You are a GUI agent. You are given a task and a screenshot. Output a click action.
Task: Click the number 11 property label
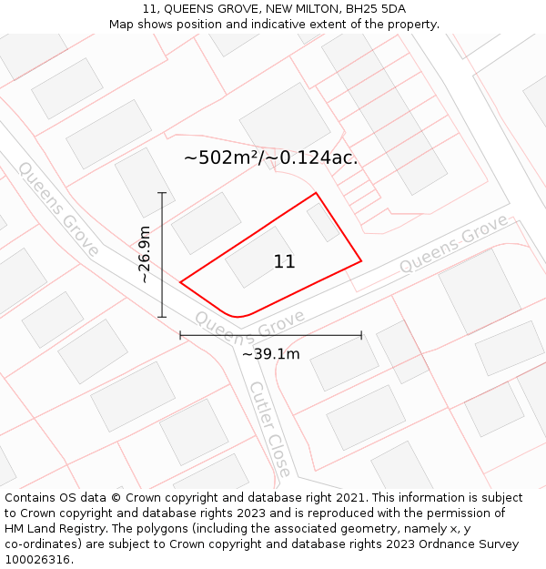[284, 262]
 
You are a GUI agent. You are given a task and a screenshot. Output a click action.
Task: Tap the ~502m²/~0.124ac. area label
[270, 157]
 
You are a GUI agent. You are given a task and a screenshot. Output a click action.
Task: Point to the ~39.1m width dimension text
[270, 354]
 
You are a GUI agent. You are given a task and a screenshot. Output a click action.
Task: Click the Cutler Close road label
[270, 428]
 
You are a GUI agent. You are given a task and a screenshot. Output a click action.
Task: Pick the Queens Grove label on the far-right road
[452, 243]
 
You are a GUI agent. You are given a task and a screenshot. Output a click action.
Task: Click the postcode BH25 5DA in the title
[376, 9]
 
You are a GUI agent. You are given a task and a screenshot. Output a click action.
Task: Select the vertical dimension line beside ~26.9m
[162, 255]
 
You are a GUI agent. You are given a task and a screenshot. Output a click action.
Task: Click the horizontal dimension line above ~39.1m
[270, 336]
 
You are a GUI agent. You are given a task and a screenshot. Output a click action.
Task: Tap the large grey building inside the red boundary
[259, 257]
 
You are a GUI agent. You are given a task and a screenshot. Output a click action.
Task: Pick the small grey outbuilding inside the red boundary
[322, 221]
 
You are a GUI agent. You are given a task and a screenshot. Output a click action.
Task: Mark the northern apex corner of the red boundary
[316, 193]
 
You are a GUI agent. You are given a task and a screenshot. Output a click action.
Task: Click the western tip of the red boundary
[180, 282]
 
